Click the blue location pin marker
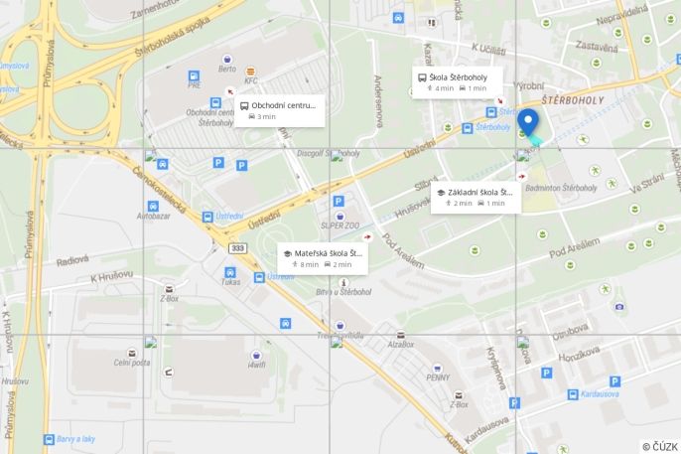(529, 122)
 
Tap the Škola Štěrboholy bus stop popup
(457, 81)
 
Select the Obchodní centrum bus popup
(280, 110)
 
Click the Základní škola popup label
(475, 197)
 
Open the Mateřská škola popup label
(323, 258)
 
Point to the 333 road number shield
(236, 247)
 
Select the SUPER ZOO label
(339, 226)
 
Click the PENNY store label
(438, 378)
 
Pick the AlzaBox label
(401, 344)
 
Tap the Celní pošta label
(131, 363)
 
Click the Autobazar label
(153, 214)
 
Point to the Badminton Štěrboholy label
(561, 187)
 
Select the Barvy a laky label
(75, 439)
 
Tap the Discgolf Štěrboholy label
(328, 153)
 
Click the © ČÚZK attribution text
(659, 446)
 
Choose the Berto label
(228, 71)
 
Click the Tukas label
(230, 281)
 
